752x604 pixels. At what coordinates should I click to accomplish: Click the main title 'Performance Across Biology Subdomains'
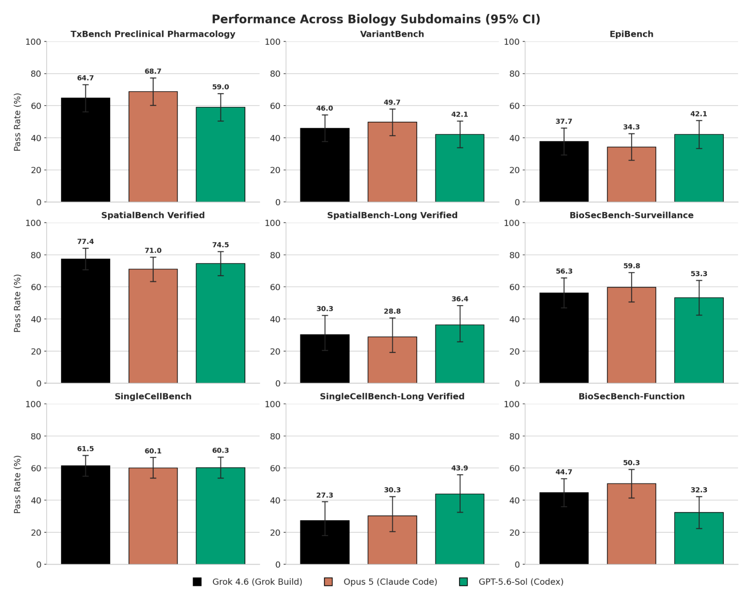(x=346, y=19)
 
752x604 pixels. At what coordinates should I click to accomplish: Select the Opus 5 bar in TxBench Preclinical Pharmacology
(x=153, y=147)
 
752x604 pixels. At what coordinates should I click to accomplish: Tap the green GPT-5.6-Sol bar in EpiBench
(x=699, y=168)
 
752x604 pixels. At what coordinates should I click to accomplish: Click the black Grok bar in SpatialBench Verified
(x=85, y=321)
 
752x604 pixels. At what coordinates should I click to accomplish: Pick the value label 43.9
(x=460, y=468)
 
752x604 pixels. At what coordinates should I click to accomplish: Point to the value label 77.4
(x=85, y=241)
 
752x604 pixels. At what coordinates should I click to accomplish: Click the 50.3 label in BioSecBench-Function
(x=631, y=463)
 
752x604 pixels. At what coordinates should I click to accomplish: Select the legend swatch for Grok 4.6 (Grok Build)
(x=197, y=582)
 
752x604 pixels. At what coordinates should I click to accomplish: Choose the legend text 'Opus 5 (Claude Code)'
(x=390, y=582)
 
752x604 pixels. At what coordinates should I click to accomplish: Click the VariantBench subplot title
(x=392, y=34)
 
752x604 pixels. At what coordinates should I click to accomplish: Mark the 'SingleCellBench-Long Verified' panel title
(x=392, y=397)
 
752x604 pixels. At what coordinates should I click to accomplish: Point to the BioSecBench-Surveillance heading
(x=631, y=215)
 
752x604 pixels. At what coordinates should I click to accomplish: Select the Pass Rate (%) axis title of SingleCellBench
(x=17, y=484)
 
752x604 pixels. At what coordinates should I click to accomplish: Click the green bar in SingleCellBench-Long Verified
(x=460, y=529)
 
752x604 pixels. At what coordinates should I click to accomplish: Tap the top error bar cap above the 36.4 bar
(x=460, y=306)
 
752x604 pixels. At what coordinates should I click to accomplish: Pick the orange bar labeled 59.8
(x=631, y=335)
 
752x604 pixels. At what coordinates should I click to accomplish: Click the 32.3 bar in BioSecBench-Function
(x=699, y=538)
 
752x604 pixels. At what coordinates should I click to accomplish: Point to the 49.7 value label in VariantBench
(x=392, y=102)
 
